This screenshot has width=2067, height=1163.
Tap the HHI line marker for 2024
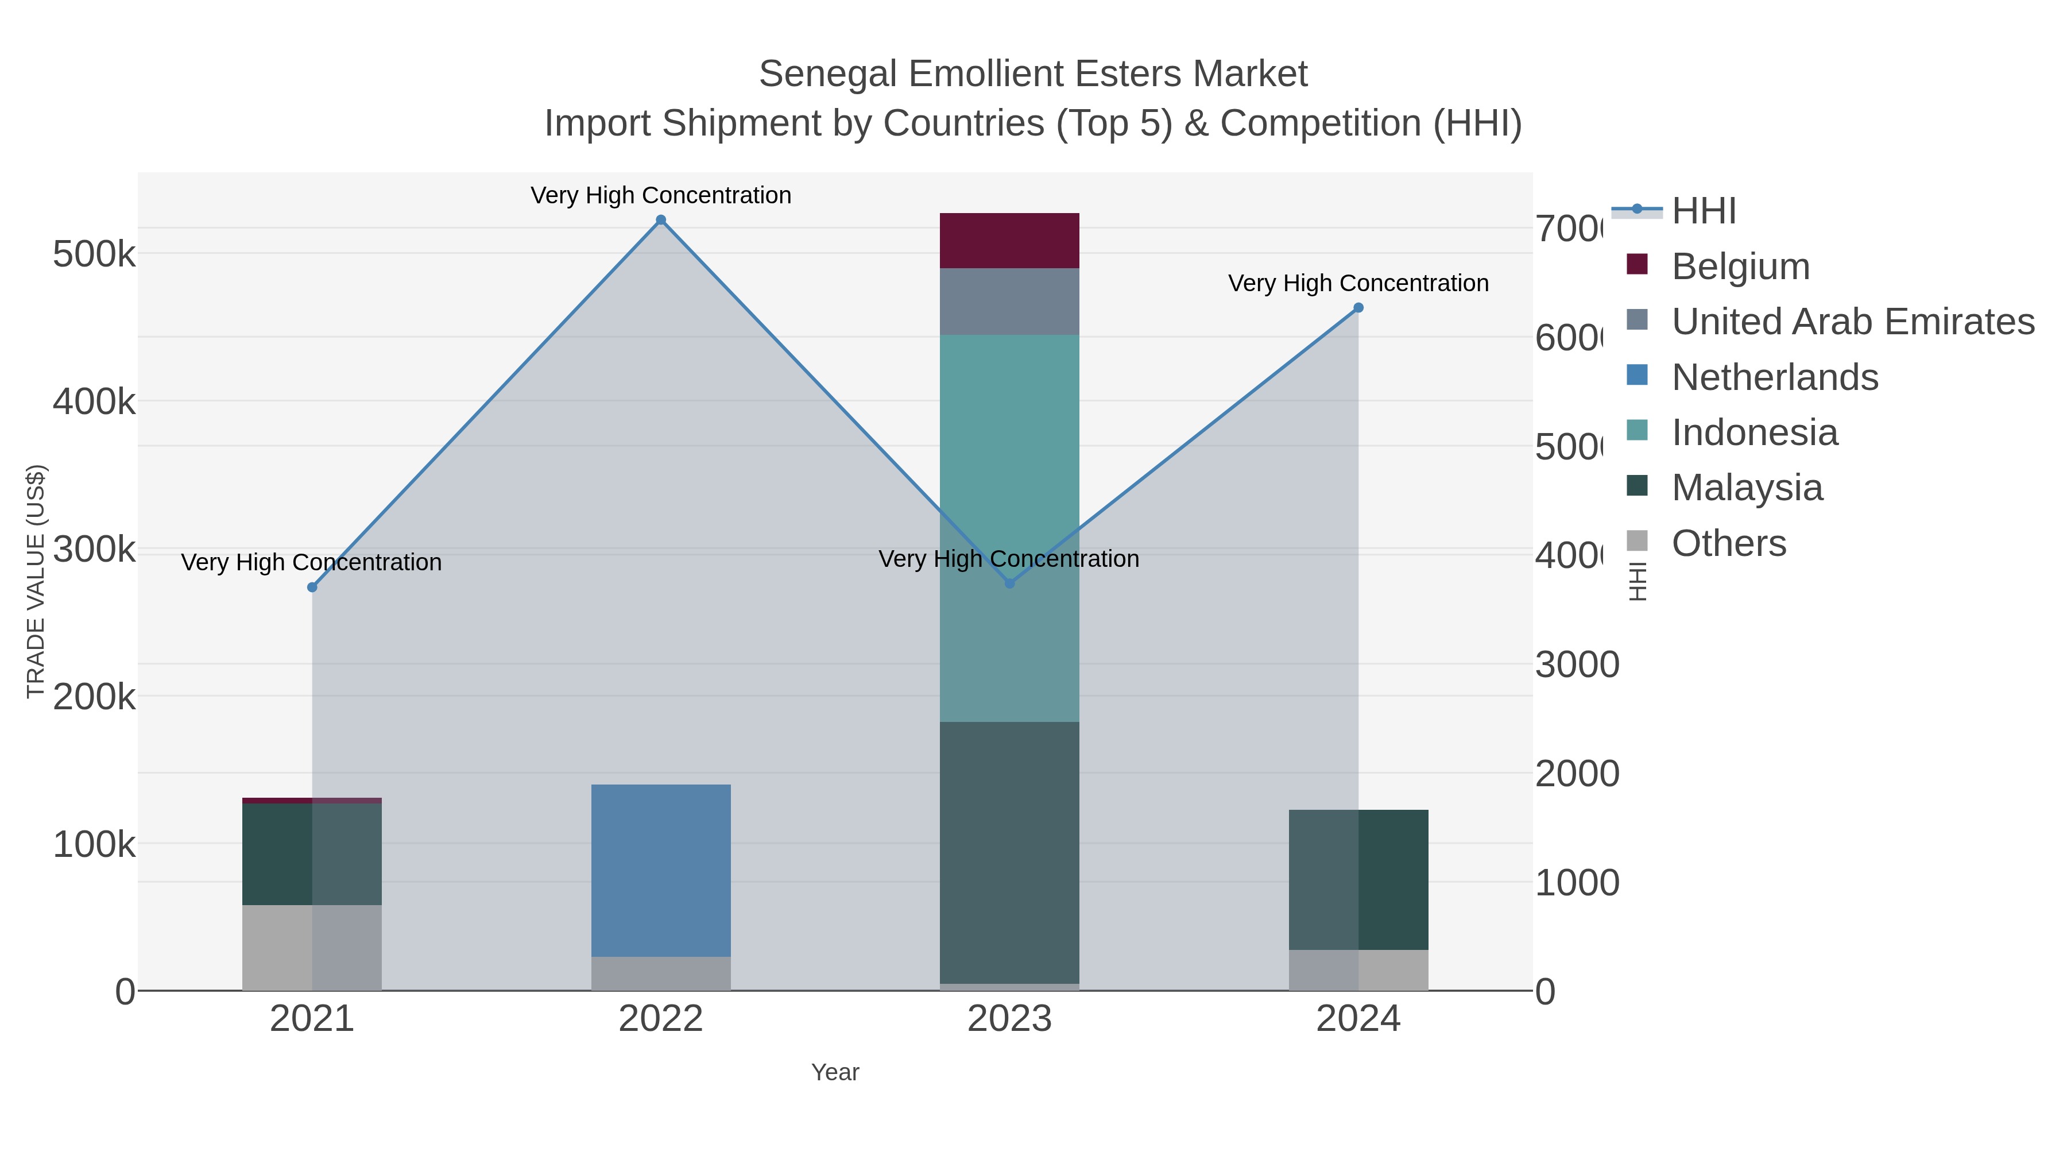1358,307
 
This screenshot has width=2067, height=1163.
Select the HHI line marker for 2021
312,588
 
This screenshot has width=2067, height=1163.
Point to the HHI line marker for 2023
1009,584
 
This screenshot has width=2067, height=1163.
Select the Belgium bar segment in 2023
1009,241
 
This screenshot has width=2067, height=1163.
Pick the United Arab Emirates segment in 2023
1009,302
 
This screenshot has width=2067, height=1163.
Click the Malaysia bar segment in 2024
1358,880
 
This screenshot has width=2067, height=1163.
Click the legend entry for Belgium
1740,266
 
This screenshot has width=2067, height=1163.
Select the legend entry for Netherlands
1774,377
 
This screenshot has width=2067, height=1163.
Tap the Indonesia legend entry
1754,432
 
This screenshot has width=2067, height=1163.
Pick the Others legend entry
1728,543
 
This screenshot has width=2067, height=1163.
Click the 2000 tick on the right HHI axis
1576,774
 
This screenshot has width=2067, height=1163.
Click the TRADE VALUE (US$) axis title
36,581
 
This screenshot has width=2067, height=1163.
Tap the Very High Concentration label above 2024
1358,283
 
